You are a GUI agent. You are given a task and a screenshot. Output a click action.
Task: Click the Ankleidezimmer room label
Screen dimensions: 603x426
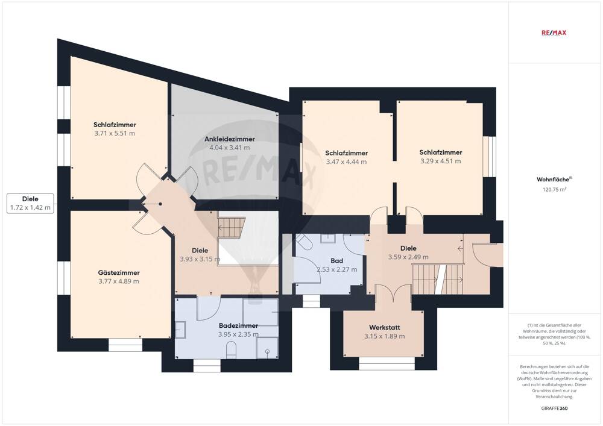230,139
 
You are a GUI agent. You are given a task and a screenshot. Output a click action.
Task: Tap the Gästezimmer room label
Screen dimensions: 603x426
119,273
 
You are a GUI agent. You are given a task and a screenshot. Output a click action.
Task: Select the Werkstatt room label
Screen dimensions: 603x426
385,328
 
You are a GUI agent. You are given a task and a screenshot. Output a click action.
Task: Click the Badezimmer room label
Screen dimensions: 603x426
238,326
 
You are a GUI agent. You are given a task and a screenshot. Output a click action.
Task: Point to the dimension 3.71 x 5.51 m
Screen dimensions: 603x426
115,133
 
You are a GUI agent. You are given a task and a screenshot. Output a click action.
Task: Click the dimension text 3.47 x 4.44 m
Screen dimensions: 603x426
347,161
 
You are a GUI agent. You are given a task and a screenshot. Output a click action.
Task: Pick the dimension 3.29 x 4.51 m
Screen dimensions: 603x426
441,161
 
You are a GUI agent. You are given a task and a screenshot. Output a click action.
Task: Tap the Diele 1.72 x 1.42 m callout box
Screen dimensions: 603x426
30,203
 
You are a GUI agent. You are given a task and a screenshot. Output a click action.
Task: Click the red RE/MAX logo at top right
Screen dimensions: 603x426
554,33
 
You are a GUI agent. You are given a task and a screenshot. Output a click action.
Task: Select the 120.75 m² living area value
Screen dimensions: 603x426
552,189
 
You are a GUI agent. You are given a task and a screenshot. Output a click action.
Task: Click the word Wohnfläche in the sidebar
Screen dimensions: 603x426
553,180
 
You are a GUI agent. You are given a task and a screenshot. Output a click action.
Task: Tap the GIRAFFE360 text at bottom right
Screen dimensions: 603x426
554,409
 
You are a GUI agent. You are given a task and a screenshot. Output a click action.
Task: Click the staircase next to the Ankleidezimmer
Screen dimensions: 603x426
231,227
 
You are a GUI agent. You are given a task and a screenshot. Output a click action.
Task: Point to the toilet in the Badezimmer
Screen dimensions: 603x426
231,351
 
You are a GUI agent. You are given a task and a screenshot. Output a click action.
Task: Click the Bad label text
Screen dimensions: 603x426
337,261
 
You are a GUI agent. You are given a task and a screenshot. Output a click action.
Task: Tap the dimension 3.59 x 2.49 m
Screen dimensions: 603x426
408,257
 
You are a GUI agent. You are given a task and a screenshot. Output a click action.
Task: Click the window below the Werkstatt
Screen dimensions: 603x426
387,364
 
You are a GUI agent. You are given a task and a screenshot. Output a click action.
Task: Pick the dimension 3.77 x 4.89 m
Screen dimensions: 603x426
119,281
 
